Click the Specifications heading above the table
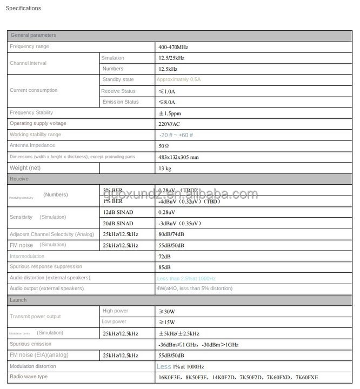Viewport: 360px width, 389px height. [23, 8]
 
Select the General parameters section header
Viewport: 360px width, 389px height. [33, 35]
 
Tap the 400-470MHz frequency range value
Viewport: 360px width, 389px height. [173, 47]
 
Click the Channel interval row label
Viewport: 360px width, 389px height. [28, 63]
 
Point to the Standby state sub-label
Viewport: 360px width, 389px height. [118, 79]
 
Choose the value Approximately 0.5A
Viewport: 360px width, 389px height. [178, 79]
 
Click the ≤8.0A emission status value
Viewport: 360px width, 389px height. [166, 102]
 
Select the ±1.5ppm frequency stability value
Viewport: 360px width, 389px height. [170, 113]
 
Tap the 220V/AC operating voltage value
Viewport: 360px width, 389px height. [169, 124]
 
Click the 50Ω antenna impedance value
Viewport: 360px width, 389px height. [164, 146]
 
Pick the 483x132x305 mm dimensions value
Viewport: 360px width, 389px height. [178, 157]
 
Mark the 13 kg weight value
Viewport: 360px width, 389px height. [165, 169]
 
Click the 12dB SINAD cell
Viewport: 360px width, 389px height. [118, 212]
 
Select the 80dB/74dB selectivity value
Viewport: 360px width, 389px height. [171, 234]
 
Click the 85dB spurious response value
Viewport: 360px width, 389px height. [164, 267]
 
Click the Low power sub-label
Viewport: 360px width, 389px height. [114, 322]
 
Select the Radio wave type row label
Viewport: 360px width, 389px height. [28, 376]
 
